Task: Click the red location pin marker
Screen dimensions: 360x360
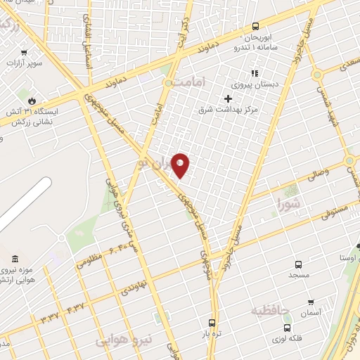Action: point(180,165)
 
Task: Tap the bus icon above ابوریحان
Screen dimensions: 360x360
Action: point(256,27)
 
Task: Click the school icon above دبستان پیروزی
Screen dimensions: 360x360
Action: point(255,72)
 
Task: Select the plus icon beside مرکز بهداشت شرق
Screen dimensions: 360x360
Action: point(228,98)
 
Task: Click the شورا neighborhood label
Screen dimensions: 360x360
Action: point(289,205)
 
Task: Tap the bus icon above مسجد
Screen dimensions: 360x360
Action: point(298,265)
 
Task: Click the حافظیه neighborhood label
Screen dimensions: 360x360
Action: point(271,309)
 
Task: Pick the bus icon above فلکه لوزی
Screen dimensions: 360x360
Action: point(287,328)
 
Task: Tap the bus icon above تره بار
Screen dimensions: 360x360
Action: point(211,323)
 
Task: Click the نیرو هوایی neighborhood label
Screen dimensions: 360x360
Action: point(124,341)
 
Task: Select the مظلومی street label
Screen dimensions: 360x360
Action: point(89,260)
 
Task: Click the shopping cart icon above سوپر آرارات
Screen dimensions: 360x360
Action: point(25,52)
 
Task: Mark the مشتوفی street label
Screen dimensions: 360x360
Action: point(333,212)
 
